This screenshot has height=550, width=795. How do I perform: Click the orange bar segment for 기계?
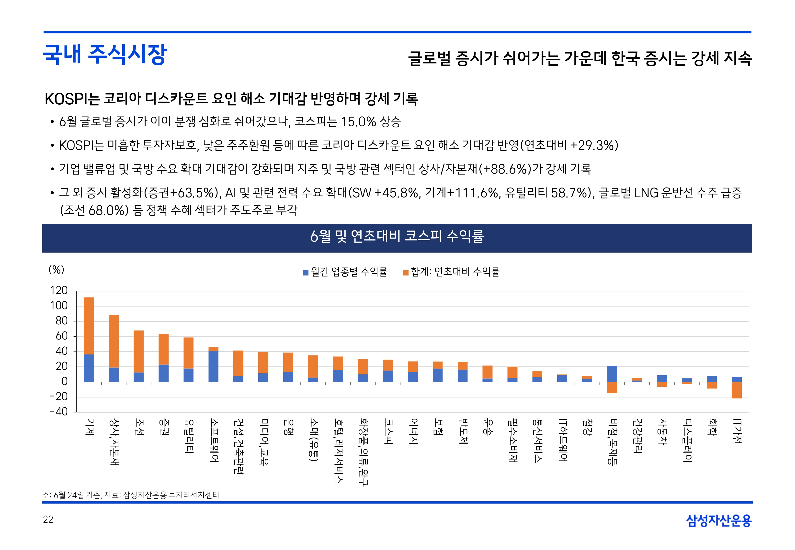pyautogui.click(x=89, y=326)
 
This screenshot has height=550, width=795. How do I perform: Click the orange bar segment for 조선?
pyautogui.click(x=139, y=351)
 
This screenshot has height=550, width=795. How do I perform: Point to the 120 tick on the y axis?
pyautogui.click(x=59, y=290)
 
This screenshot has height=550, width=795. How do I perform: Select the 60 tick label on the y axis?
pyautogui.click(x=62, y=336)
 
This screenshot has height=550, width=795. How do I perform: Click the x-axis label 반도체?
pyautogui.click(x=463, y=431)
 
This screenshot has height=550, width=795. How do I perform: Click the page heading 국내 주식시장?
pyautogui.click(x=105, y=55)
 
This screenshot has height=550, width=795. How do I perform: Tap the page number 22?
pyautogui.click(x=48, y=519)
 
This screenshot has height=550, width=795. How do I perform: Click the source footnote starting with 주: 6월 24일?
pyautogui.click(x=131, y=495)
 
